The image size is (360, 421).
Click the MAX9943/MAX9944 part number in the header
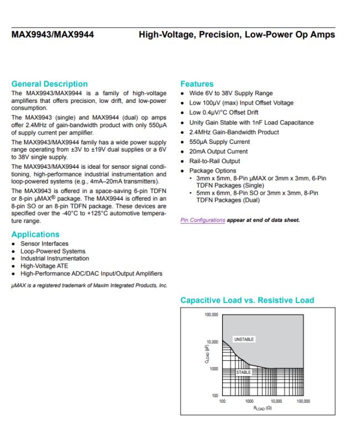(53, 35)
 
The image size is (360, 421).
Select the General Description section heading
(50, 84)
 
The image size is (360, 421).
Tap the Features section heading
(197, 84)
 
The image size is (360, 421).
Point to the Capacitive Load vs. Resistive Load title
(247, 300)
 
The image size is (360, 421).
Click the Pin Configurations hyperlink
(203, 220)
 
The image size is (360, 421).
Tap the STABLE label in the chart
(244, 372)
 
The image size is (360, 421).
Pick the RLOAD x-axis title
(263, 408)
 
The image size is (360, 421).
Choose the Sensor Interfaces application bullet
(44, 243)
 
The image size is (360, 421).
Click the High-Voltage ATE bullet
(45, 266)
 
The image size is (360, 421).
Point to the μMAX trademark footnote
(89, 285)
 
